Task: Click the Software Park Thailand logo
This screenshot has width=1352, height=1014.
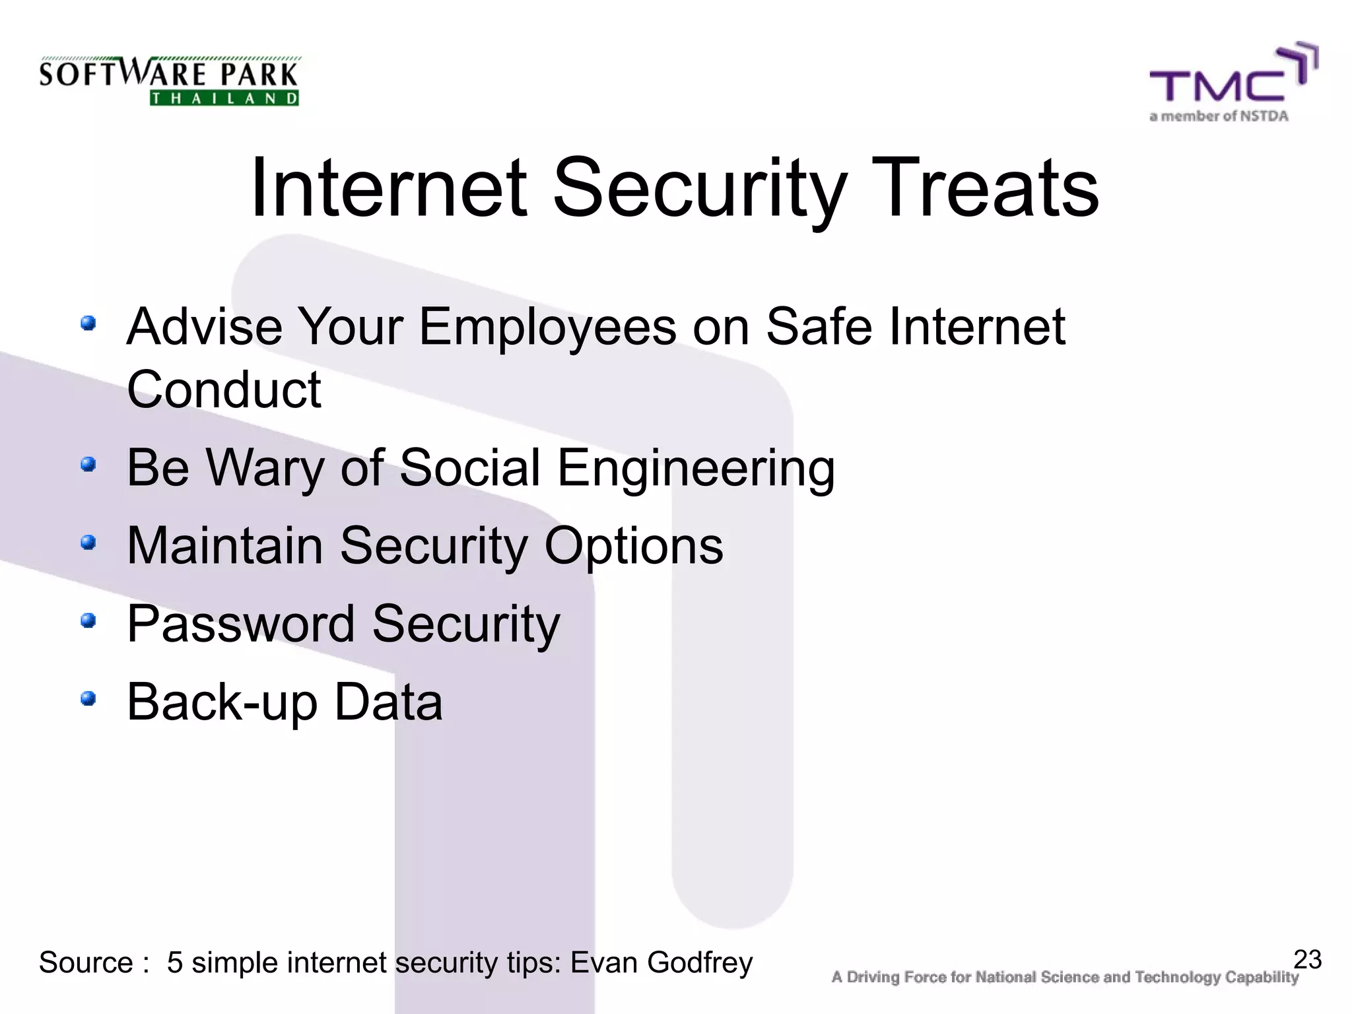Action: [x=169, y=81]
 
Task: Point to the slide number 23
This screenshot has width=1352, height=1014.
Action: [x=1307, y=959]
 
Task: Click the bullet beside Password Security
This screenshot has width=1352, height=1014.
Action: [x=88, y=621]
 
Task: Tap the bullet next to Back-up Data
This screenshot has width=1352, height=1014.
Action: [x=88, y=698]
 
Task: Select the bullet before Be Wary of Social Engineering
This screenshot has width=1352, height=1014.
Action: [x=88, y=465]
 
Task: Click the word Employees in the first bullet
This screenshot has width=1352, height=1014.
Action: [x=547, y=328]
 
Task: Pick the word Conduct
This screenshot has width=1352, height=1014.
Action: [x=224, y=389]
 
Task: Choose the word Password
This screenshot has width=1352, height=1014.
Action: [x=241, y=624]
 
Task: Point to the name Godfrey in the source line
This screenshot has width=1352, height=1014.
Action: [x=700, y=963]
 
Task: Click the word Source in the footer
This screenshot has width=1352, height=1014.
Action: [x=86, y=963]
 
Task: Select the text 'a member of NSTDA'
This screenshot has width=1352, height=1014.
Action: [x=1219, y=117]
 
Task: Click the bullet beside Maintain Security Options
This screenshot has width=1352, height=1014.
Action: [x=88, y=543]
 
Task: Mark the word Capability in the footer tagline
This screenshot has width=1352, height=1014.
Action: [x=1262, y=978]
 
